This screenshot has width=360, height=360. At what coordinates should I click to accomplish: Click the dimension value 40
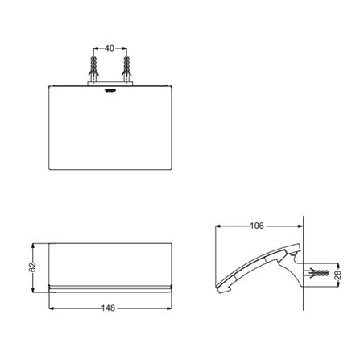click(x=110, y=48)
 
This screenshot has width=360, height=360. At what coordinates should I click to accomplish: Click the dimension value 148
click(x=108, y=308)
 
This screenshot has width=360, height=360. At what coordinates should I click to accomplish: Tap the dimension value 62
click(x=32, y=267)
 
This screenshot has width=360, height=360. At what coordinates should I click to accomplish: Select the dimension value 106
click(x=257, y=226)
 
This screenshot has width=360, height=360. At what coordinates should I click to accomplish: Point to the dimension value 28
click(x=338, y=275)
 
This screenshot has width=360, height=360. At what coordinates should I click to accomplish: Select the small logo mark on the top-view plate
click(x=110, y=91)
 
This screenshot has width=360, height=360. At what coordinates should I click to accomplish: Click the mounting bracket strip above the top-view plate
click(x=110, y=84)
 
